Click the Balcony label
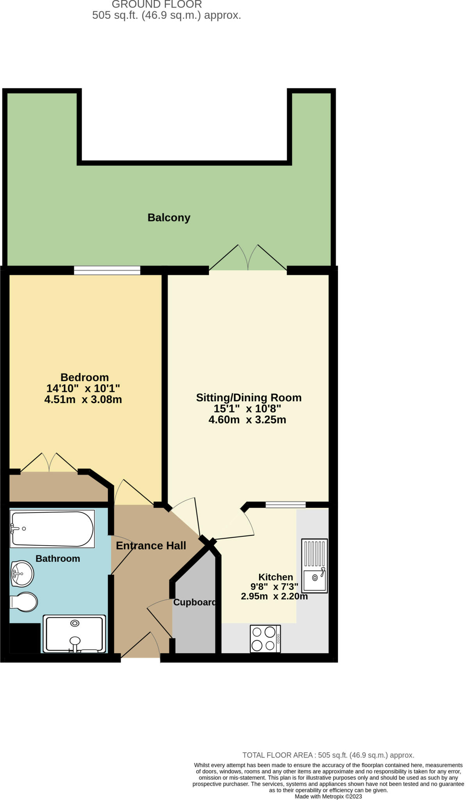click(169, 218)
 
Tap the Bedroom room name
click(84, 377)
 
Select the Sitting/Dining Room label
click(248, 398)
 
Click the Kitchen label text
click(275, 577)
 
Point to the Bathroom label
click(58, 559)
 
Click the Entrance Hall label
click(151, 546)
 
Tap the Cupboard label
click(195, 602)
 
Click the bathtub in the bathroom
click(52, 529)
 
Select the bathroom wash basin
click(22, 573)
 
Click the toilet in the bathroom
click(24, 602)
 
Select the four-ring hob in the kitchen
click(265, 639)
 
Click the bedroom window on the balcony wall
click(107, 270)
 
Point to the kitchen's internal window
click(286, 505)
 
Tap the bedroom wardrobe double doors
click(49, 463)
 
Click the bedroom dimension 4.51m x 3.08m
click(83, 400)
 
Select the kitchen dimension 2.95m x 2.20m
click(274, 596)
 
